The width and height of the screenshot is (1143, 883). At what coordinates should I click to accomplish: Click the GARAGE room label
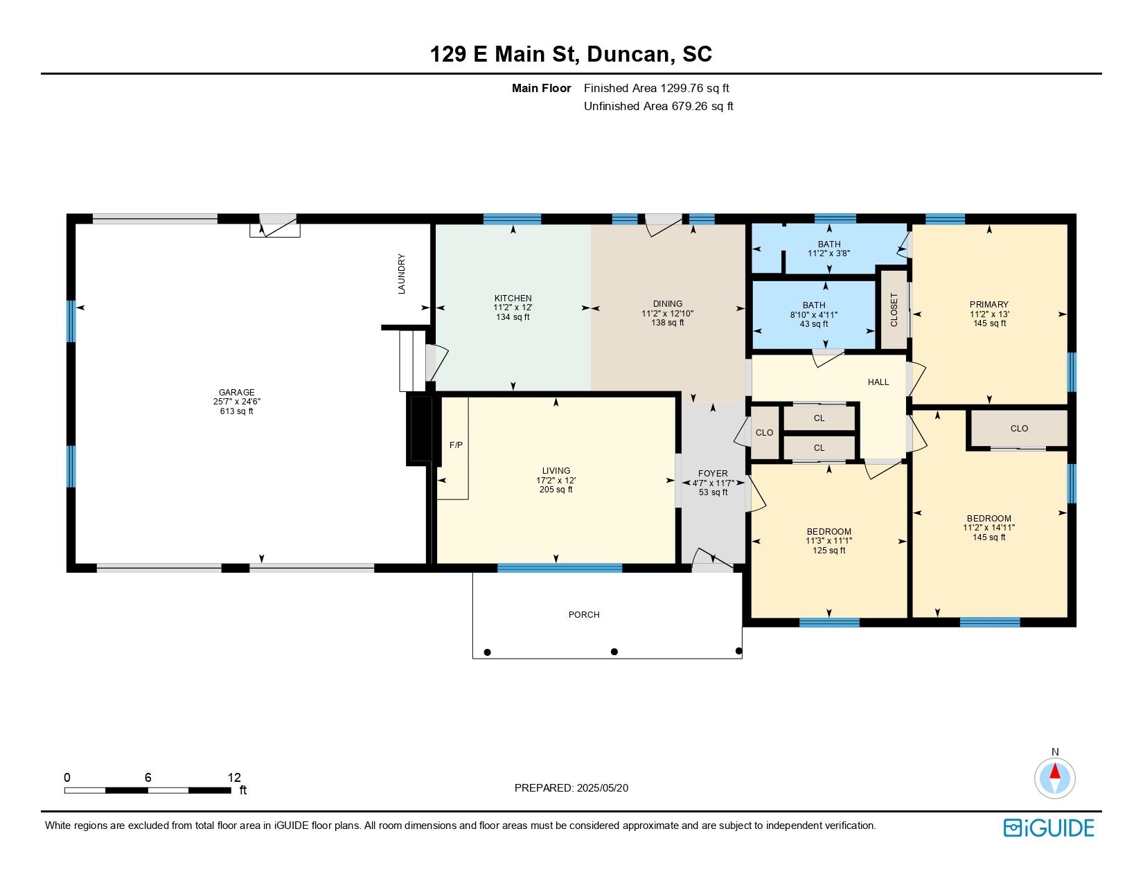tap(237, 392)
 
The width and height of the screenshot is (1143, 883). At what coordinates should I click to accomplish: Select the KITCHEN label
tap(513, 298)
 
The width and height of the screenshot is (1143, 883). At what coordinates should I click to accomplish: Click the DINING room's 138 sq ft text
tap(667, 323)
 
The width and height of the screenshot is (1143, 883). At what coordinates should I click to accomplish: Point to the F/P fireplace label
tap(456, 445)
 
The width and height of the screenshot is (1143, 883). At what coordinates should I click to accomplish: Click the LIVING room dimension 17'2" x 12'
tap(556, 480)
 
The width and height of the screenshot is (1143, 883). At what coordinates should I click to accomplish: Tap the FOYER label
tap(713, 474)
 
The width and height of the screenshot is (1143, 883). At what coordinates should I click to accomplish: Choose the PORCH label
tap(584, 615)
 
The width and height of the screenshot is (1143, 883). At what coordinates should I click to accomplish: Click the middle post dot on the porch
tap(614, 652)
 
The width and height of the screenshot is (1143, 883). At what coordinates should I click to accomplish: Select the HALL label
tap(878, 382)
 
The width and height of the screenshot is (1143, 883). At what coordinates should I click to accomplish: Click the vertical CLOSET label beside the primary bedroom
tap(894, 310)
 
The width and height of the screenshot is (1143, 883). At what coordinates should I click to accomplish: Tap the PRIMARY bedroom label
tap(989, 304)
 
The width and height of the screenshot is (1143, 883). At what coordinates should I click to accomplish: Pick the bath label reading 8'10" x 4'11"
tap(814, 314)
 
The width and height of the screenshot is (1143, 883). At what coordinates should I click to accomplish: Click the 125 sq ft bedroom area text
tap(829, 551)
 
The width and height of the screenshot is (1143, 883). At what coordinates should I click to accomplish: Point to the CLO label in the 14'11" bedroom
tap(1019, 428)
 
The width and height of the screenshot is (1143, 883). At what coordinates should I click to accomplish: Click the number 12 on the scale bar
tap(233, 778)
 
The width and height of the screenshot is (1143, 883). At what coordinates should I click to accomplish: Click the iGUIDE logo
tap(1049, 828)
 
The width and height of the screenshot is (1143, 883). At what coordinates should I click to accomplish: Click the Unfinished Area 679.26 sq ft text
tap(658, 106)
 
